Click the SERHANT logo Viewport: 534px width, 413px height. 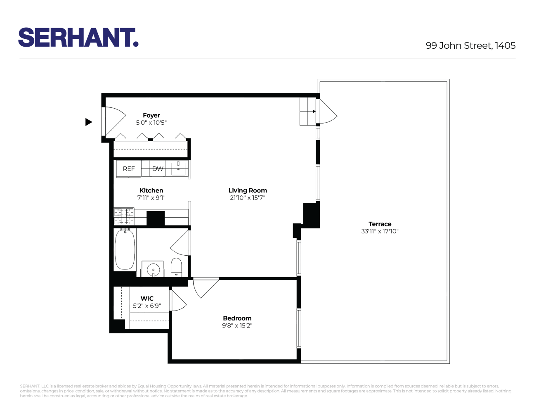coord(78,38)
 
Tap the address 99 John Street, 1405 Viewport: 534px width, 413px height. coord(470,45)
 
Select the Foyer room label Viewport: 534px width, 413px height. coord(151,116)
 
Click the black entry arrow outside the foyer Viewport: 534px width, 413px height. coord(89,122)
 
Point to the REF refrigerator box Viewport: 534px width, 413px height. coord(129,169)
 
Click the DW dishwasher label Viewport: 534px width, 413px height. coord(158,169)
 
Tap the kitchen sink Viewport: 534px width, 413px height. coord(178,169)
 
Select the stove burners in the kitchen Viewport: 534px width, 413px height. coord(124,216)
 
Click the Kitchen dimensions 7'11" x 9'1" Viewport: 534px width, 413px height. coord(151,198)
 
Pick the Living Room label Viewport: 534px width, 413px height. coord(248,190)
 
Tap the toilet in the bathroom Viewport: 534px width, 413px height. coord(176,267)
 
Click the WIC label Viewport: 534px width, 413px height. coord(147,299)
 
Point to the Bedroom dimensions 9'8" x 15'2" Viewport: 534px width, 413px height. coord(237,325)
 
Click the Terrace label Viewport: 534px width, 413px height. coord(380,224)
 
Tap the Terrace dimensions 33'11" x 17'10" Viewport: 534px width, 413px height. coord(380,231)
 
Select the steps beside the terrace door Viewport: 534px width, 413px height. coord(307,112)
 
